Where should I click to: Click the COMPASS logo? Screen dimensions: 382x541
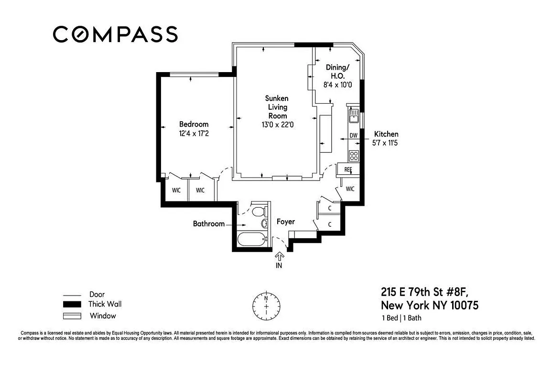(x=115, y=34)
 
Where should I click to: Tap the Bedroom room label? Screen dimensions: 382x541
(x=194, y=125)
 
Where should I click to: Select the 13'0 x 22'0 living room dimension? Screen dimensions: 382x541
(x=277, y=125)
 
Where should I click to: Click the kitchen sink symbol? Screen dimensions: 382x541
(x=354, y=116)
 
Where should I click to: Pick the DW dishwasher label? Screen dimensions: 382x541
(x=354, y=136)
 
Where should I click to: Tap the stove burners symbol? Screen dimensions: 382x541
(x=354, y=155)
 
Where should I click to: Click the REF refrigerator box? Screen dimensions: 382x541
(x=348, y=170)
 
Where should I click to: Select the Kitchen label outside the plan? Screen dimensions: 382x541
(x=386, y=134)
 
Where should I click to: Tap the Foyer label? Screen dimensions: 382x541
(x=286, y=222)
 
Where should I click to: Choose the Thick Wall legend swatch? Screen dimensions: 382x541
(x=69, y=305)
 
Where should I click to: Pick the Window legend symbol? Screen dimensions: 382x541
(x=69, y=316)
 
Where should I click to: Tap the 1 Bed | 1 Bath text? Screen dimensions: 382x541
(x=401, y=318)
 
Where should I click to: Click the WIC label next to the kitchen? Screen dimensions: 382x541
(x=350, y=189)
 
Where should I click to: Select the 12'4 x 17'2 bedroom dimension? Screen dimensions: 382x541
(x=194, y=134)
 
